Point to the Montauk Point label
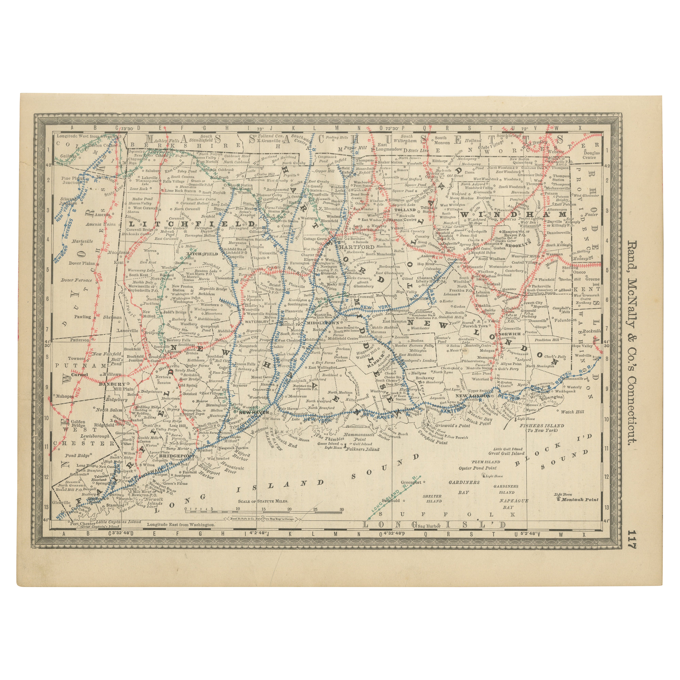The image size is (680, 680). tap(580, 499)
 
